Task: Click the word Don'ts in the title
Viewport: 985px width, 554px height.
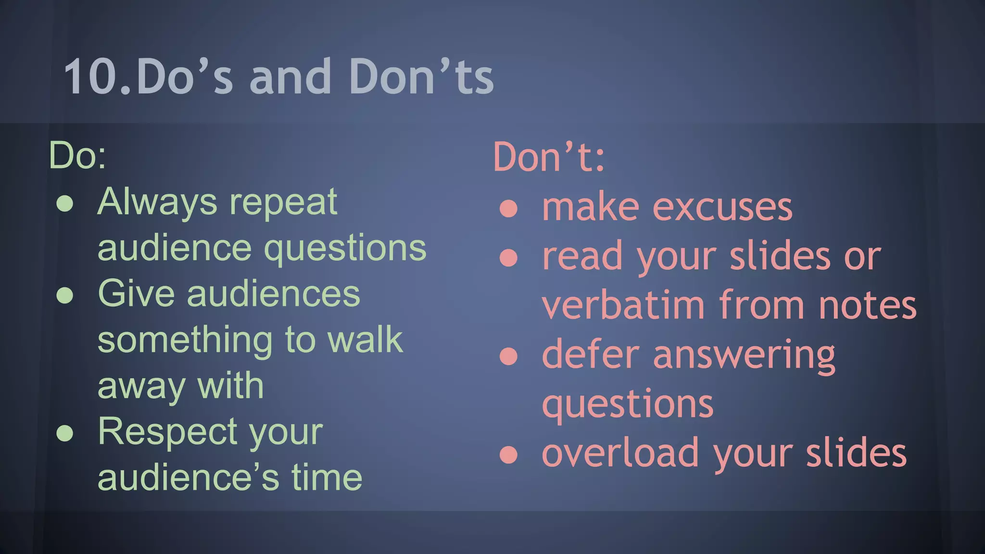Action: (x=421, y=77)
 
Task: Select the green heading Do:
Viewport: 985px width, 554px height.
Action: (x=77, y=155)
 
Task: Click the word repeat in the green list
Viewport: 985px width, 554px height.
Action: (x=283, y=203)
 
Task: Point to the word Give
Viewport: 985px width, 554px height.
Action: (x=136, y=293)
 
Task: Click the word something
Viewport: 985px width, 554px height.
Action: (x=185, y=340)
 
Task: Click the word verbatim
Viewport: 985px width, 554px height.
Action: (x=623, y=305)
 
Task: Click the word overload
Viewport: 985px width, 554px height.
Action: (x=620, y=453)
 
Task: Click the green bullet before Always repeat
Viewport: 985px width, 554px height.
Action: (x=65, y=204)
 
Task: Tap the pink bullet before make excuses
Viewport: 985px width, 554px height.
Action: (x=508, y=209)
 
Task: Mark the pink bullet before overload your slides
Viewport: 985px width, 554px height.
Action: (x=508, y=454)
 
